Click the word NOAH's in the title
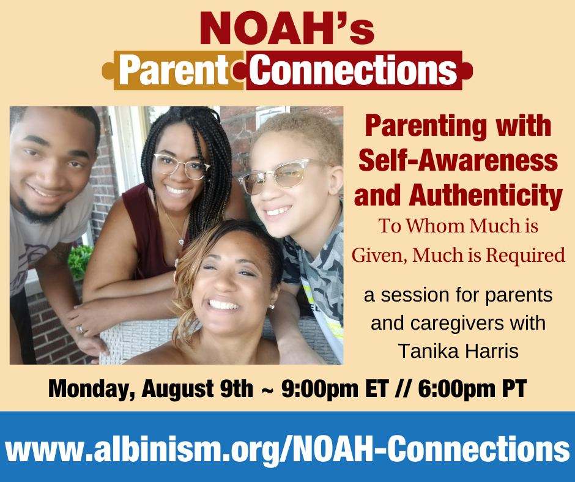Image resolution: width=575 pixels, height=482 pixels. tap(287, 28)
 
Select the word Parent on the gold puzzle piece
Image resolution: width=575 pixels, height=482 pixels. tap(174, 70)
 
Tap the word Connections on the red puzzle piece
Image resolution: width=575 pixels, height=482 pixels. tap(353, 70)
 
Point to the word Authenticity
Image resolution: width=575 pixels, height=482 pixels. tap(486, 196)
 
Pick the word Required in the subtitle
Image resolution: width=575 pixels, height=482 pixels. tap(525, 255)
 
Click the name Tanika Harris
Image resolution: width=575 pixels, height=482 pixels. tap(458, 351)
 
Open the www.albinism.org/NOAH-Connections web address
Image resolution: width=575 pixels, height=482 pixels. tap(287, 448)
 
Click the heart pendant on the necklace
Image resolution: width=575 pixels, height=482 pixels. tap(181, 242)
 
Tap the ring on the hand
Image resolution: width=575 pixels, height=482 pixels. tap(80, 329)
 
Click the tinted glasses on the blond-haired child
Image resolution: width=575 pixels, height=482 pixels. tap(280, 176)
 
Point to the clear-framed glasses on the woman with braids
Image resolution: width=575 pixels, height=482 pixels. tap(181, 166)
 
